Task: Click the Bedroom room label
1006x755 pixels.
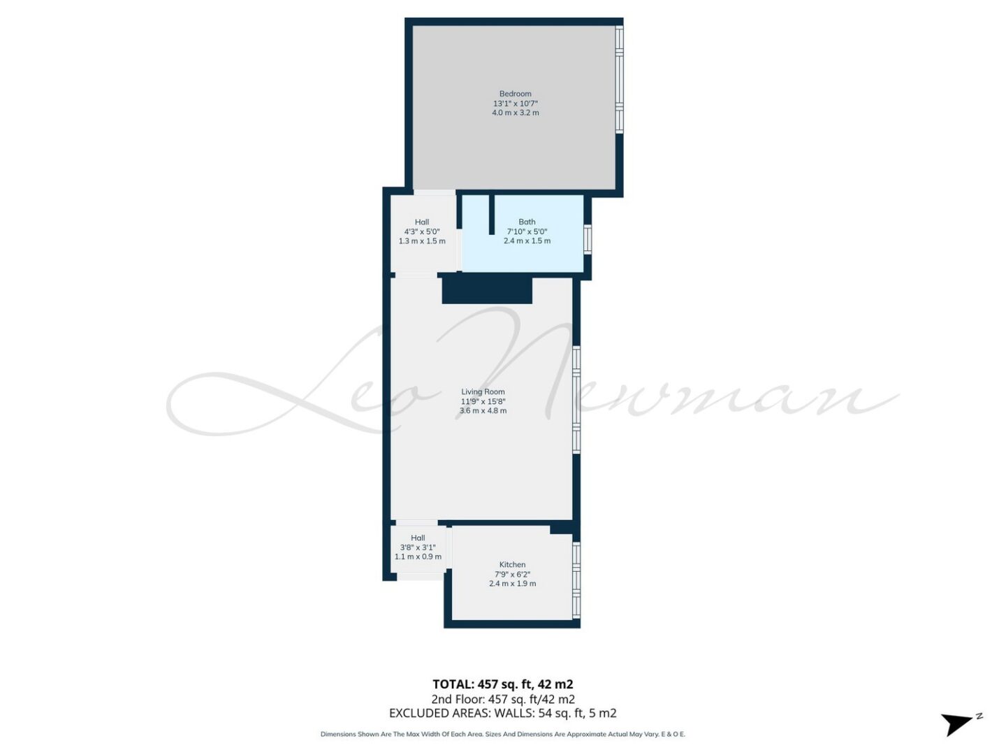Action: coord(515,94)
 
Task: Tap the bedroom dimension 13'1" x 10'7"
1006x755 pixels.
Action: coord(515,103)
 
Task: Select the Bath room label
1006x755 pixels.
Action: coord(527,222)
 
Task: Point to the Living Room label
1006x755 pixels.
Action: coord(483,391)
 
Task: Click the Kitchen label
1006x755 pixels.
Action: coord(512,565)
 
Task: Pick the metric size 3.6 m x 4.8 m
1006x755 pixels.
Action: coord(483,411)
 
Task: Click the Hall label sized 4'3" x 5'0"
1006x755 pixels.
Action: coord(422,222)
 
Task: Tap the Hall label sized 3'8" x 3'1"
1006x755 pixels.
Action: coord(418,538)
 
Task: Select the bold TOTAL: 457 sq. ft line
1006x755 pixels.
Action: coord(503,684)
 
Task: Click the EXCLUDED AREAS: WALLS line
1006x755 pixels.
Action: coord(503,713)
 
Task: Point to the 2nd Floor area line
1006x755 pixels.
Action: coord(503,698)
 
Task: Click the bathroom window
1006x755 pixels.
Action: coord(587,238)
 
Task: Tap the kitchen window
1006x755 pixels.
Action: coord(576,580)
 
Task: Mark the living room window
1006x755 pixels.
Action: coord(576,400)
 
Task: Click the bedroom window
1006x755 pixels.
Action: coord(619,79)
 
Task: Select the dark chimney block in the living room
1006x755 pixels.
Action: coord(487,289)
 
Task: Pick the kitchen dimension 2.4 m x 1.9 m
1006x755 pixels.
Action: coord(512,584)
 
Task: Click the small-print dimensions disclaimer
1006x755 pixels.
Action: coord(503,734)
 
